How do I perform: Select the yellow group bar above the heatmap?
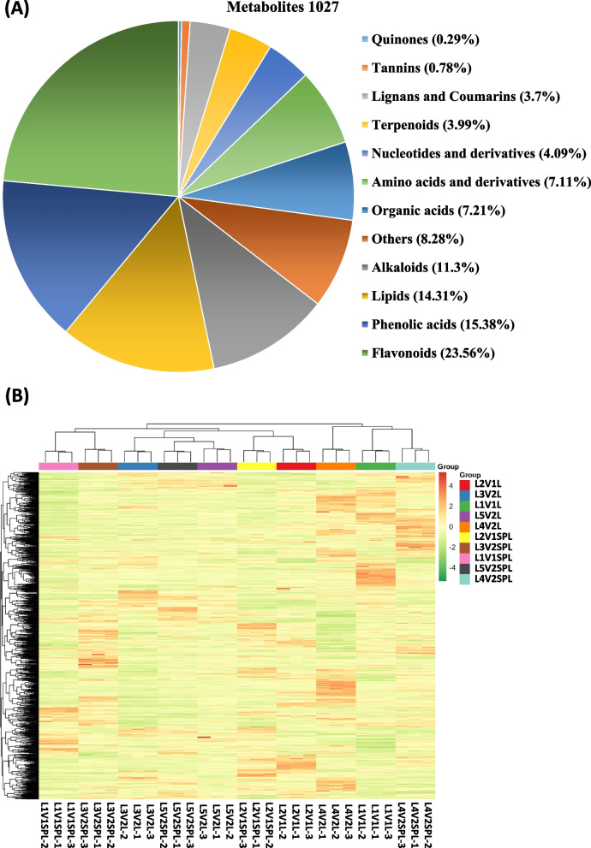[x=256, y=466]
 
